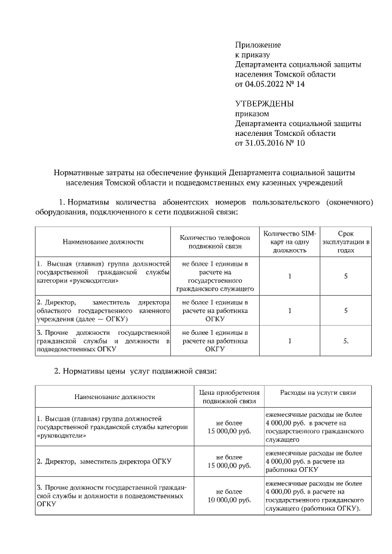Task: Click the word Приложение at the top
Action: pos(258,45)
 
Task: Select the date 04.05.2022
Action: pos(266,84)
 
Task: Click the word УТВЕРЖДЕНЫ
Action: pos(265,103)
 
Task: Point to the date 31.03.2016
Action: pos(266,143)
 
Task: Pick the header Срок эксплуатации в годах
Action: pos(346,242)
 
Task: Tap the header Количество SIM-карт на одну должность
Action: pos(288,242)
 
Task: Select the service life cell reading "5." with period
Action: pos(346,341)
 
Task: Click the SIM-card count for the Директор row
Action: pos(288,310)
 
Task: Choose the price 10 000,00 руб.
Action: pos(230,500)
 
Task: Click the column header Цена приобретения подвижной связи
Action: pos(230,397)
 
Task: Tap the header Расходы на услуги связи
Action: pos(317,392)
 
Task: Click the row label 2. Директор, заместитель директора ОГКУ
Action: pos(104,461)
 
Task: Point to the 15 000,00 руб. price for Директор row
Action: pos(230,465)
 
